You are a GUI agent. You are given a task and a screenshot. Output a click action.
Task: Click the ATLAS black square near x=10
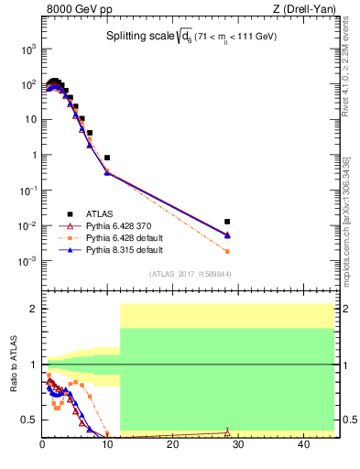[x=107, y=158]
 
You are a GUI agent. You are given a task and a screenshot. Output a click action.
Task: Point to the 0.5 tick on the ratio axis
[x=28, y=420]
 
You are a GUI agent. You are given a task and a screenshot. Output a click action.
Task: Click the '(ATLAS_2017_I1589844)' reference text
[x=190, y=274]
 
